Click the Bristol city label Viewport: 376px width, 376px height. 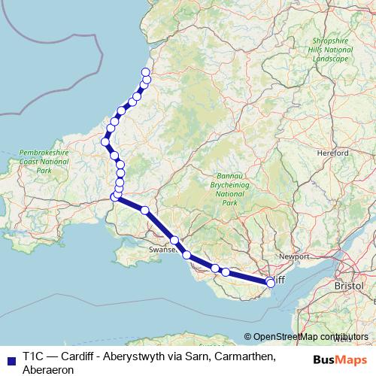349,287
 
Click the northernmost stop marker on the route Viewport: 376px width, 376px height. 146,72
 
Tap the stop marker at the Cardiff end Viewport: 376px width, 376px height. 271,283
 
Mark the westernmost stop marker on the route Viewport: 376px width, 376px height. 106,141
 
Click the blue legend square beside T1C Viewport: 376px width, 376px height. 10,356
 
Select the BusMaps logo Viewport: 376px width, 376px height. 340,358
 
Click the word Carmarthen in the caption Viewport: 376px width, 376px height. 241,355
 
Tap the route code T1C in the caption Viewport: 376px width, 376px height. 35,355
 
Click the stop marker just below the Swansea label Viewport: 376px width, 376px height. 187,255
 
